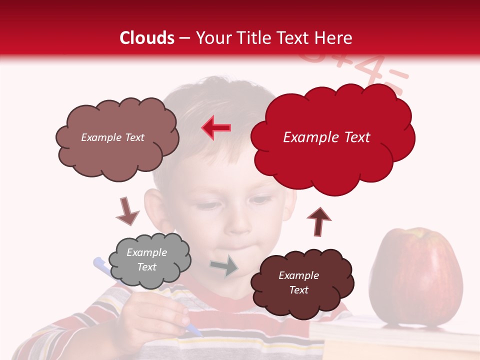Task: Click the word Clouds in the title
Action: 147,38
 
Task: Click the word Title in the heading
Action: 254,38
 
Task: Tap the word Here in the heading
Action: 334,38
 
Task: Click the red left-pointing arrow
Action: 216,128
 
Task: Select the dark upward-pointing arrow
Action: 319,221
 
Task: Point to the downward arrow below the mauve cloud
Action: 127,211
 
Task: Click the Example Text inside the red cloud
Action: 326,137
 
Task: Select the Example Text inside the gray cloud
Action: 147,259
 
